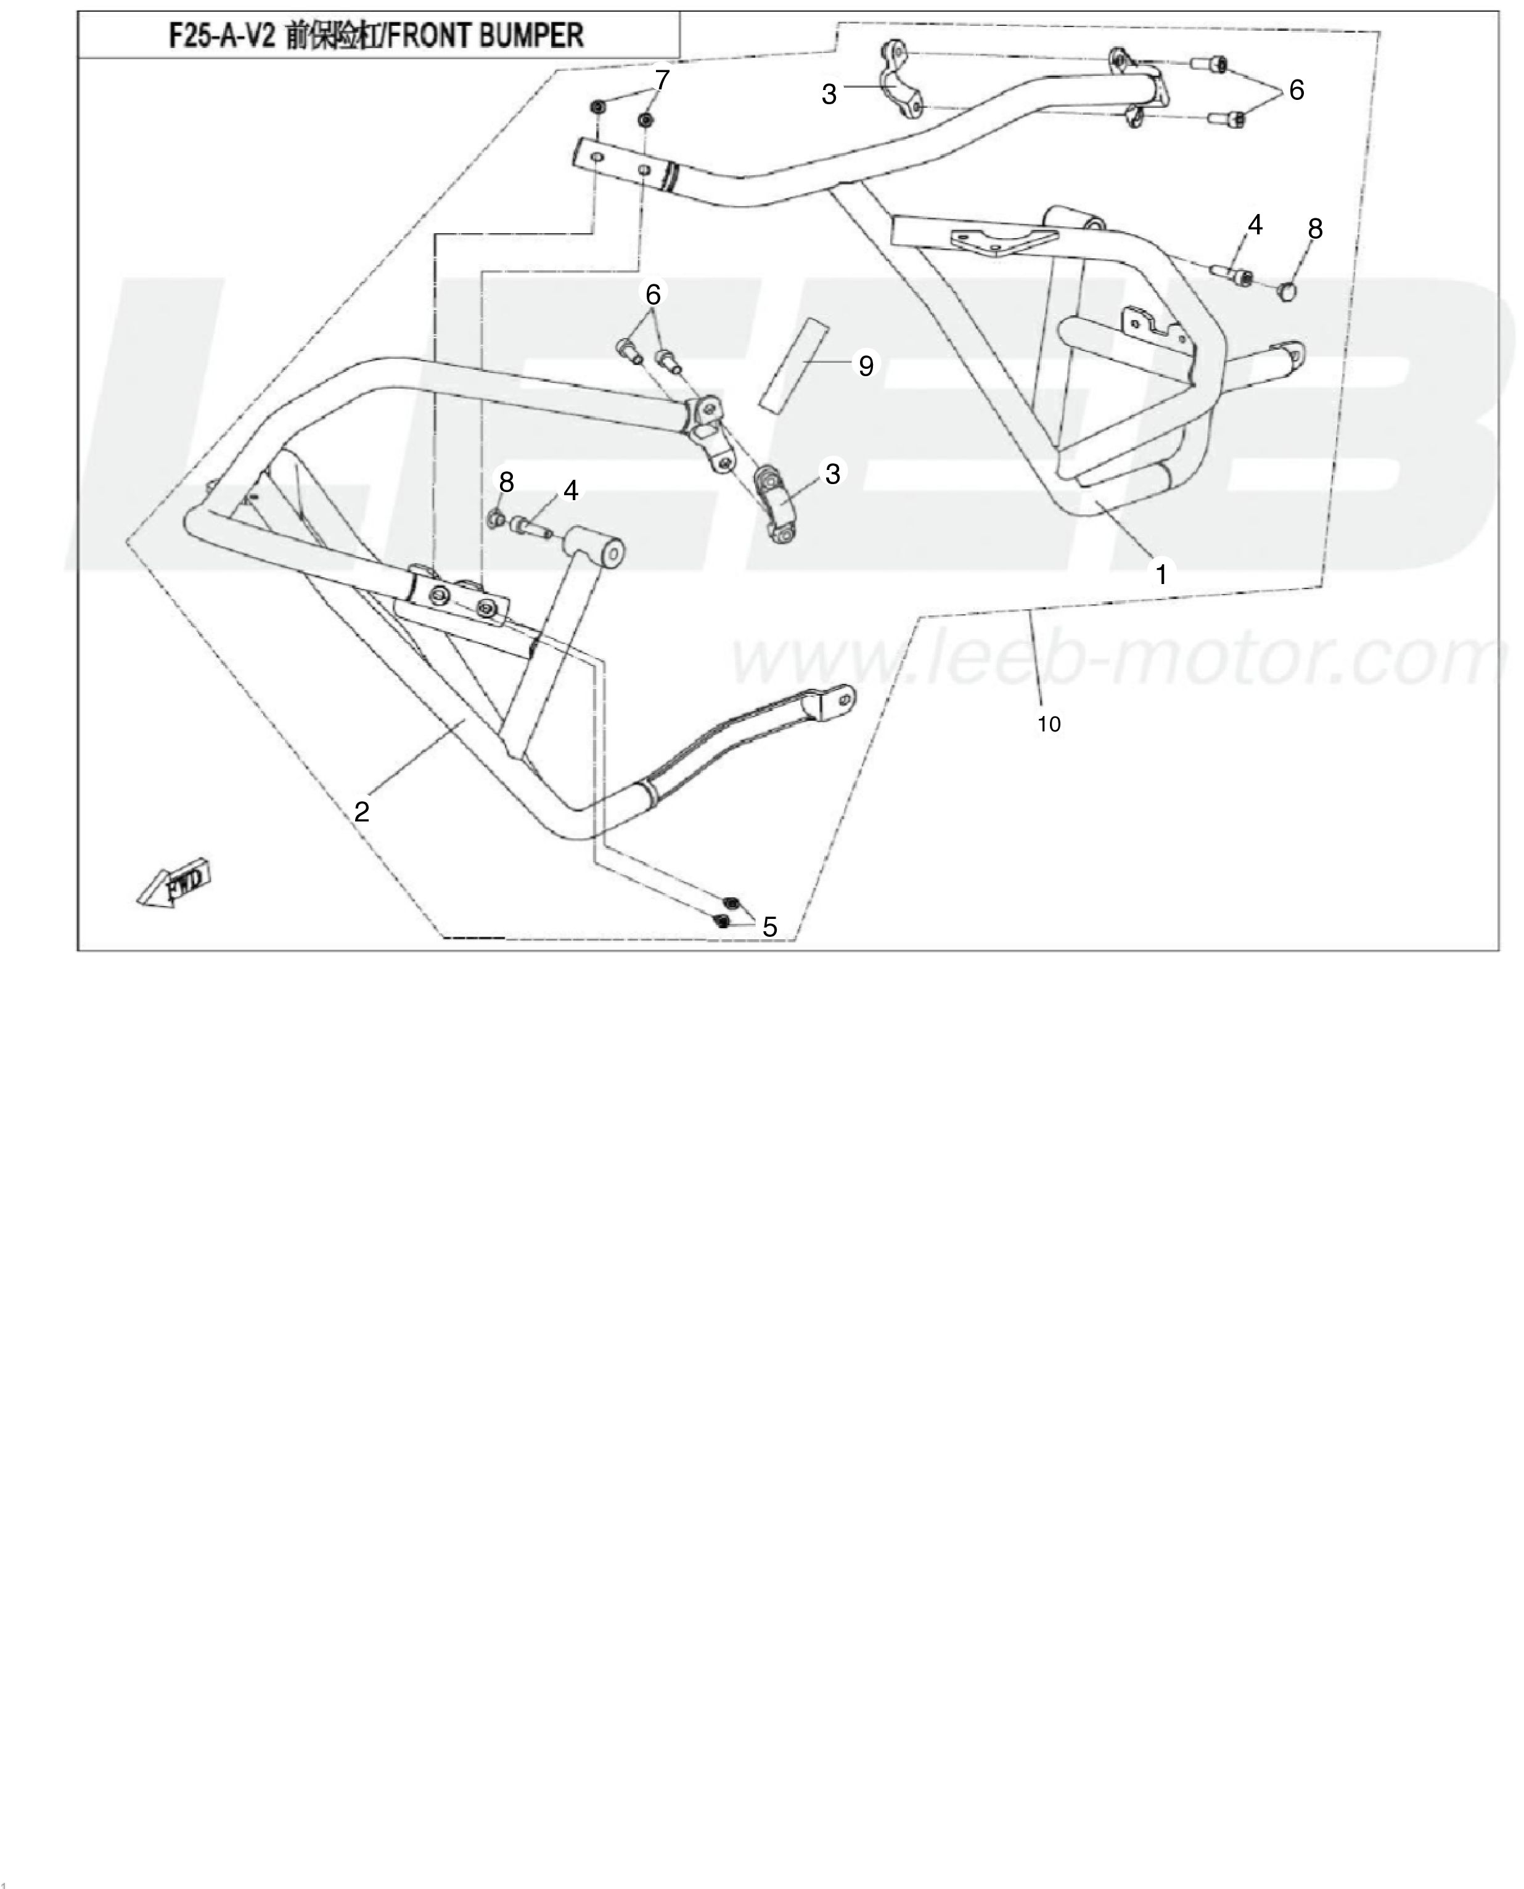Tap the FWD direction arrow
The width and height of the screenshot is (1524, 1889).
pos(174,880)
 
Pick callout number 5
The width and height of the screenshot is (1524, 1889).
pos(770,926)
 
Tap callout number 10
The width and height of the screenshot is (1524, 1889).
pos(1049,725)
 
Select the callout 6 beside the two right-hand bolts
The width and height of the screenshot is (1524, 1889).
pos(1297,89)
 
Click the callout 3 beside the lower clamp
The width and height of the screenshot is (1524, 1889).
pos(833,474)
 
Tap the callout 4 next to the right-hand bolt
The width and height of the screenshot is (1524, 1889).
pos(1255,225)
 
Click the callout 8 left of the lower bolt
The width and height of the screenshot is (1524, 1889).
pos(507,482)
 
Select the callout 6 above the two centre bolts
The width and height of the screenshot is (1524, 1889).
pos(652,295)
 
